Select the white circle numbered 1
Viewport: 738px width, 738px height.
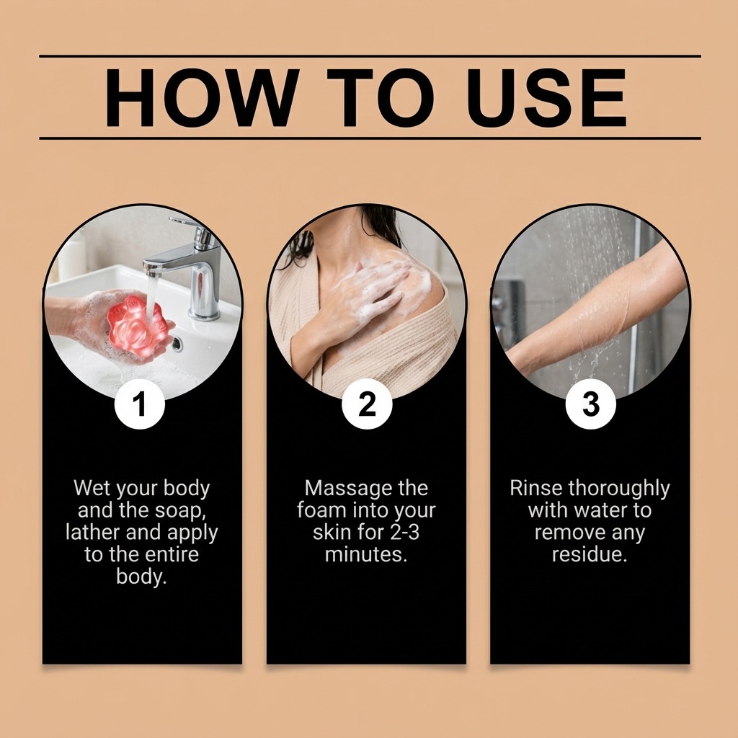[139, 404]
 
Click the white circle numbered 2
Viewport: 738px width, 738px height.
[367, 404]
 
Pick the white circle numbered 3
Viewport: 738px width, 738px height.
[591, 404]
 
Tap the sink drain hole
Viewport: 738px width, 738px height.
[177, 344]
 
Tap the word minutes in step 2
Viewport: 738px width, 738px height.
[365, 554]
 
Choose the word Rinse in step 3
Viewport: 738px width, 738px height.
[536, 488]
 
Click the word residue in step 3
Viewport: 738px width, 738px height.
[590, 554]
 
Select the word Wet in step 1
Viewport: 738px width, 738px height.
[92, 488]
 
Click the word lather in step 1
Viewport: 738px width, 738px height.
[93, 532]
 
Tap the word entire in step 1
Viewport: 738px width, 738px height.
[172, 554]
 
